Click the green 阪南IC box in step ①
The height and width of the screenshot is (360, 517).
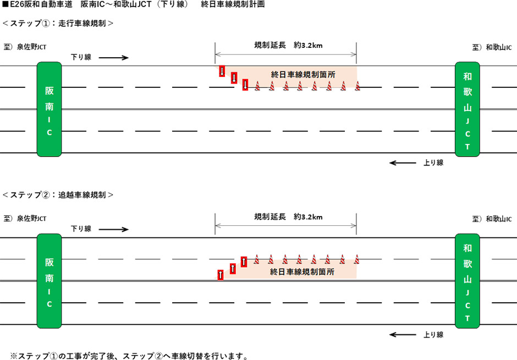pyautogui.click(x=49, y=109)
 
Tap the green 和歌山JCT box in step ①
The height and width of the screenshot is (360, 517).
pyautogui.click(x=468, y=109)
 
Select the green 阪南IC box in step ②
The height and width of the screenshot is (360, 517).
pyautogui.click(x=49, y=280)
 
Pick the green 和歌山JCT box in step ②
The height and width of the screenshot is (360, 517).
pyautogui.click(x=468, y=280)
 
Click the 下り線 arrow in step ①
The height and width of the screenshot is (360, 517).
pyautogui.click(x=114, y=57)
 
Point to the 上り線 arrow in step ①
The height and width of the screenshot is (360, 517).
pyautogui.click(x=403, y=163)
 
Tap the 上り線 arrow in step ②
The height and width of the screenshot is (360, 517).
pyautogui.click(x=403, y=334)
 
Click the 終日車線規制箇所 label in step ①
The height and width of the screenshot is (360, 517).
pyautogui.click(x=304, y=74)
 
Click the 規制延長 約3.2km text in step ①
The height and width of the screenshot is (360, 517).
pyautogui.click(x=288, y=46)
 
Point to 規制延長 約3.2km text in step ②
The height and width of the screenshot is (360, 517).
pyautogui.click(x=288, y=217)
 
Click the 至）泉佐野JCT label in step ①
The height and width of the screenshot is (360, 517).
pyautogui.click(x=25, y=47)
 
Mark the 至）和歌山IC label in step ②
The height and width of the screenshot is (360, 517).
pyautogui.click(x=492, y=219)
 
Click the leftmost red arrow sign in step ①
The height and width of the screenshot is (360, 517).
pyautogui.click(x=222, y=71)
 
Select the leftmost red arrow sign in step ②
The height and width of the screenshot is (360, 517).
pyautogui.click(x=220, y=275)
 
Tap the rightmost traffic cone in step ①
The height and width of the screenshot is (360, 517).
pyautogui.click(x=357, y=86)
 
